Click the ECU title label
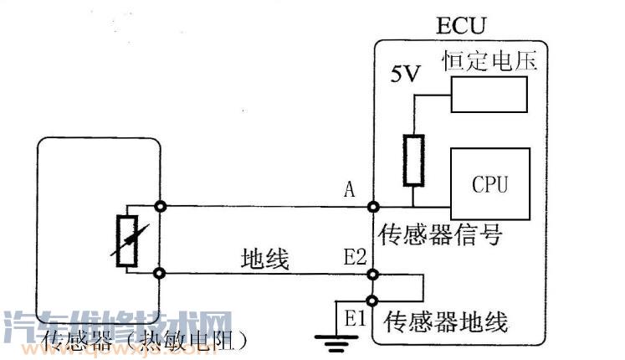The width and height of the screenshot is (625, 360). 459,24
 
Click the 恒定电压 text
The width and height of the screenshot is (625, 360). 489,60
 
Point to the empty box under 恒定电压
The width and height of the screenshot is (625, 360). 489,93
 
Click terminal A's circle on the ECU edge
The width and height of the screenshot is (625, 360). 371,205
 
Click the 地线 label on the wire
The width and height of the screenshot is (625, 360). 264,260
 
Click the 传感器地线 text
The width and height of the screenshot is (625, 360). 445,321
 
